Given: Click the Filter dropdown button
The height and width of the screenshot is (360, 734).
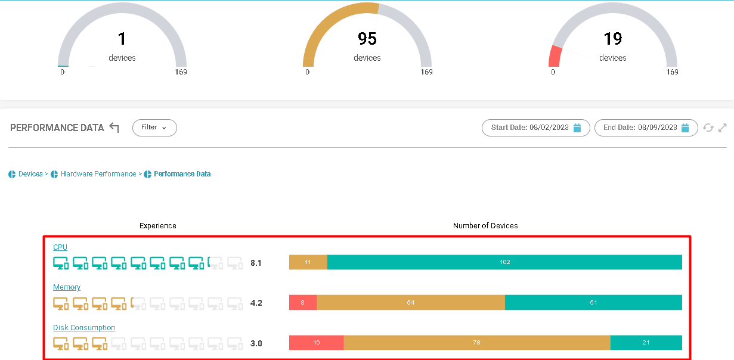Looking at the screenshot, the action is [154, 128].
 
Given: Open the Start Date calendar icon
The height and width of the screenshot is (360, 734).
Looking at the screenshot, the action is [577, 128].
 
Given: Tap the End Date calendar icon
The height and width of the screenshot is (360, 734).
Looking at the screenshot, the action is [685, 128].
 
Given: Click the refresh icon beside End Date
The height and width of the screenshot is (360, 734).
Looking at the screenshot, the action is [708, 128].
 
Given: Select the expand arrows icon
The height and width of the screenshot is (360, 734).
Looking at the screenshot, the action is [723, 128].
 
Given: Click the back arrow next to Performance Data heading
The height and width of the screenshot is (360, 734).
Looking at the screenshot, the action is [114, 128].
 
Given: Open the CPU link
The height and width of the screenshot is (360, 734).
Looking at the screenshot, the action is [60, 247].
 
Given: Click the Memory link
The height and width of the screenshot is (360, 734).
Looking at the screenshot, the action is [67, 287].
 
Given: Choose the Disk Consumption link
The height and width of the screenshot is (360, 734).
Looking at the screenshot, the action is [84, 328].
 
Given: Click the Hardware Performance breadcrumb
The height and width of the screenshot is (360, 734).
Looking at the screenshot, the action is [98, 174].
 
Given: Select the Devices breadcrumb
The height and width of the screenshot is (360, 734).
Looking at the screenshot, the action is [30, 174].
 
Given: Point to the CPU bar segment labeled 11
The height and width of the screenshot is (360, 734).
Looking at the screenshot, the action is [308, 262].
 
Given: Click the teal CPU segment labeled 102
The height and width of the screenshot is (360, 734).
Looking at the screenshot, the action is [504, 262].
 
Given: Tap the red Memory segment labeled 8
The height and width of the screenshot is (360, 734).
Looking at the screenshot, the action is [303, 302].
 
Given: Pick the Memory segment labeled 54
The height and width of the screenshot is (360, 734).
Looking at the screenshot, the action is [411, 302].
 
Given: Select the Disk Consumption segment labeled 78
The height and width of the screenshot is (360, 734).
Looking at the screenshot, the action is [477, 343].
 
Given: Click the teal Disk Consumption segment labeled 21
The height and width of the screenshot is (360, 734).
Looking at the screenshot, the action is [646, 343].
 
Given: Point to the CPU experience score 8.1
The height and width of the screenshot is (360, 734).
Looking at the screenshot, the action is [256, 263].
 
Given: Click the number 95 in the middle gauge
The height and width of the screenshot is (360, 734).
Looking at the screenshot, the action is [367, 39].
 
